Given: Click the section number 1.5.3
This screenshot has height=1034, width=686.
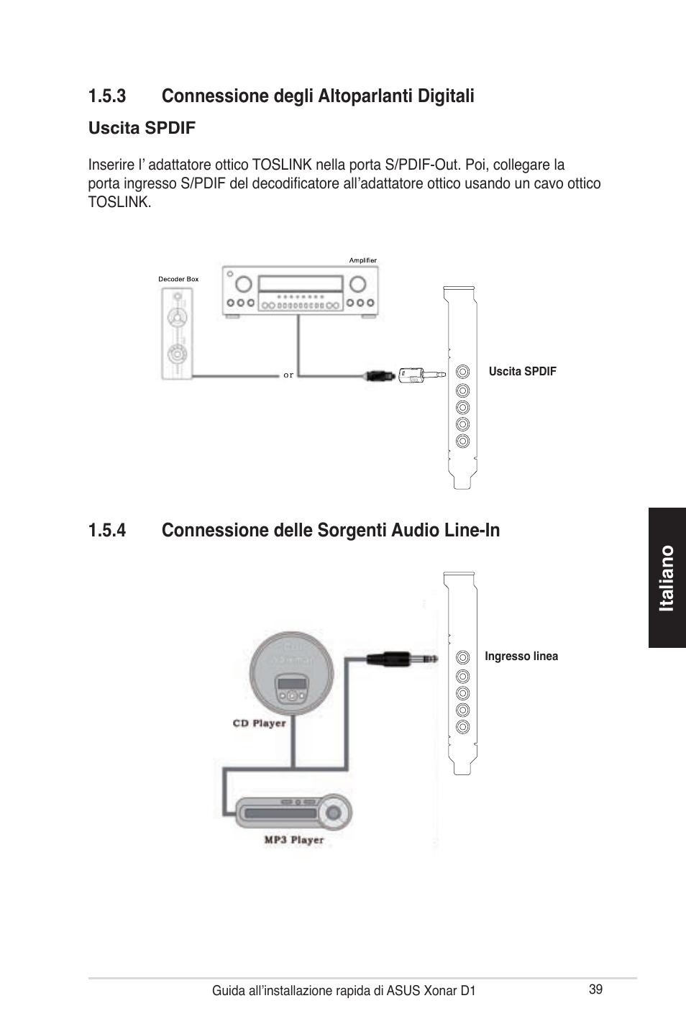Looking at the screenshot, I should (107, 96).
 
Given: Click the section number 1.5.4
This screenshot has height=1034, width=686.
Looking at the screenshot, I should (107, 531).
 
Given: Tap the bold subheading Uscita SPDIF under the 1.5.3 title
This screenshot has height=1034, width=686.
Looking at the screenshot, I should (142, 128).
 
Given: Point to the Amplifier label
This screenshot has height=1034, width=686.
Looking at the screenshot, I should (362, 260).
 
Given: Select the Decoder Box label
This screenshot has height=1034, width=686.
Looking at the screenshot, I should (178, 279).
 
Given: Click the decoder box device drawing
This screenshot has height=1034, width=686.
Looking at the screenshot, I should (176, 334).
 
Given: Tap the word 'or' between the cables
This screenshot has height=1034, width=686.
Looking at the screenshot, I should (288, 375).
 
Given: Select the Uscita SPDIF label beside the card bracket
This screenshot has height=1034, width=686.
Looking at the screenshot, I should (522, 372).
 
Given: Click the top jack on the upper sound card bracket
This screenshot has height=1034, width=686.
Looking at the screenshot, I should (463, 372).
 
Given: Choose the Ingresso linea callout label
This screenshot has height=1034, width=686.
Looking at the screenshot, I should (521, 656).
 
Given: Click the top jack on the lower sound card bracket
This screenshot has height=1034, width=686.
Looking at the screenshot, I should (463, 657).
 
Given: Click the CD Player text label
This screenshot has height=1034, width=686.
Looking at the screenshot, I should (259, 723).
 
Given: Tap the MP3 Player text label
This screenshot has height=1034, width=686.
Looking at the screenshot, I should (293, 840).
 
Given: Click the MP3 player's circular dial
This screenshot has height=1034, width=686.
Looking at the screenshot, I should (334, 813).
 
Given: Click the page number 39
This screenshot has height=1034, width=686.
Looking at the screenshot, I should (595, 989).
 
